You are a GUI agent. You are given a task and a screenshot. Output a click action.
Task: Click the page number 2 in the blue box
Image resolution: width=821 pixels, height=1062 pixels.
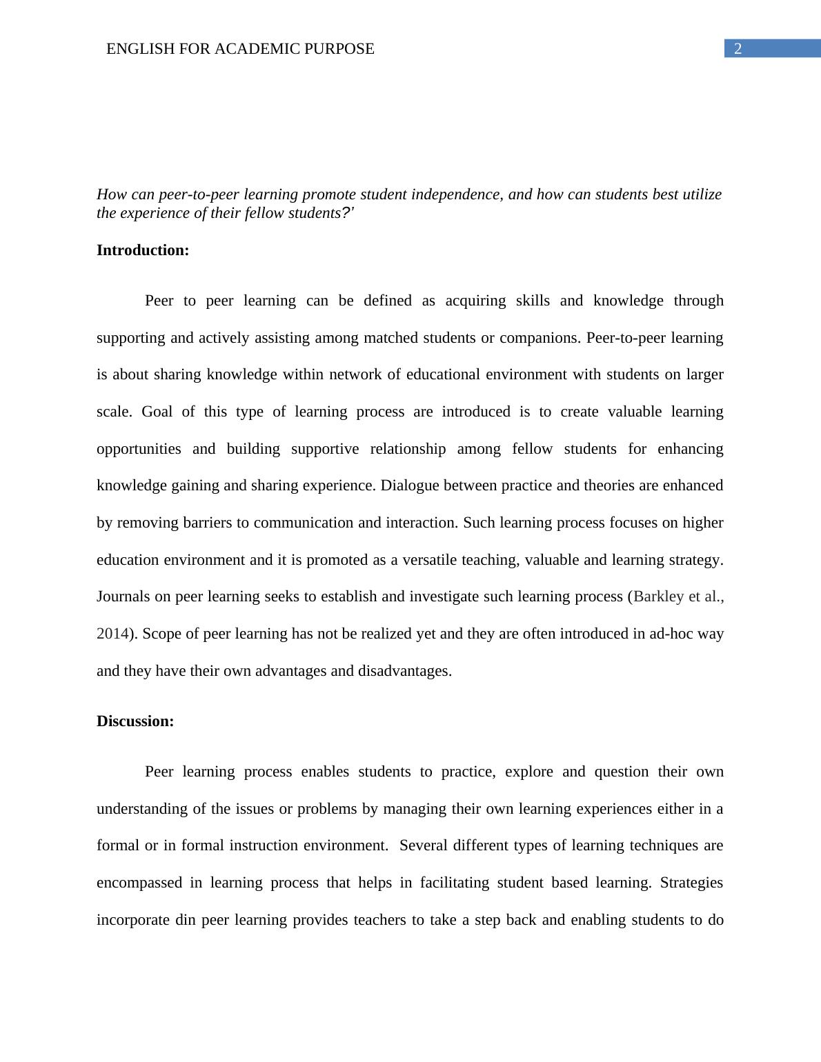click(738, 49)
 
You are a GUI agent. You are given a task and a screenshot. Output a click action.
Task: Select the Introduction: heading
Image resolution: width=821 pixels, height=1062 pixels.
click(143, 250)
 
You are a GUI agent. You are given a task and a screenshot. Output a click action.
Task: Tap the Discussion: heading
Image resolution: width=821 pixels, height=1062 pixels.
click(135, 721)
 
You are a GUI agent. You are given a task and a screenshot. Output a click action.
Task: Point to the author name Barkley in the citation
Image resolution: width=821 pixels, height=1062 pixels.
click(657, 597)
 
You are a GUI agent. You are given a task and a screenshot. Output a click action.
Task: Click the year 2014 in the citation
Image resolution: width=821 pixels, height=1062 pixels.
click(112, 634)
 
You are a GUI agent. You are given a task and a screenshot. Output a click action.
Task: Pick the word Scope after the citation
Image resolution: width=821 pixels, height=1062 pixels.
click(160, 634)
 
